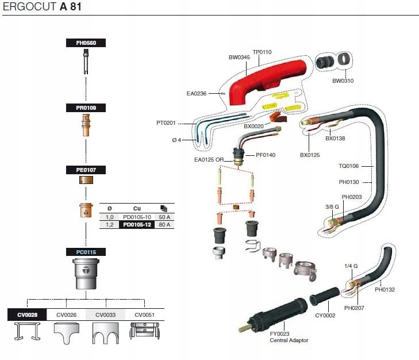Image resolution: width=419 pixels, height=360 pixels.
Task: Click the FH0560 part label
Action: click(86, 43)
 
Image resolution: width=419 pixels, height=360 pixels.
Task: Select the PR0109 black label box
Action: click(86, 108)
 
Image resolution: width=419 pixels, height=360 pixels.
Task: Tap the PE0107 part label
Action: click(86, 170)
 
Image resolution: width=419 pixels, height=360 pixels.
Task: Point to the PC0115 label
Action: click(86, 252)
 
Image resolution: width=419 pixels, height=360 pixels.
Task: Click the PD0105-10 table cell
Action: click(137, 217)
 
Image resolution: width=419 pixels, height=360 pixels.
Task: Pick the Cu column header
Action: click(137, 208)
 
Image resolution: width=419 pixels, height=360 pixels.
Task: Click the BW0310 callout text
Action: click(343, 81)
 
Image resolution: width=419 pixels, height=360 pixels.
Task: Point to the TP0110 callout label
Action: click(262, 52)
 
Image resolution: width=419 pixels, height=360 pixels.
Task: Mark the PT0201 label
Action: click(166, 122)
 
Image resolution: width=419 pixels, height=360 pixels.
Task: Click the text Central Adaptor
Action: click(289, 340)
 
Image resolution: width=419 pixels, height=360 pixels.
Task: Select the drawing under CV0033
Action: click(105, 333)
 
